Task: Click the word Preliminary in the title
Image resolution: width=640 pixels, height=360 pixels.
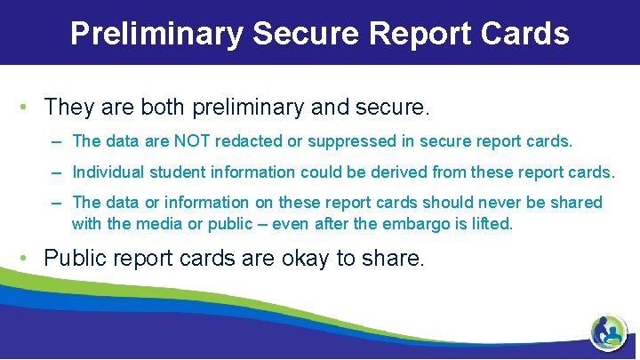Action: (156, 33)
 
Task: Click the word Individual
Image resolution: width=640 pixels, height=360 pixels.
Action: (111, 172)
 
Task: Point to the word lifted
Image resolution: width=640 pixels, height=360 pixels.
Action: (491, 224)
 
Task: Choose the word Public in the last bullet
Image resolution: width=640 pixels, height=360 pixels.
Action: (71, 259)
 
